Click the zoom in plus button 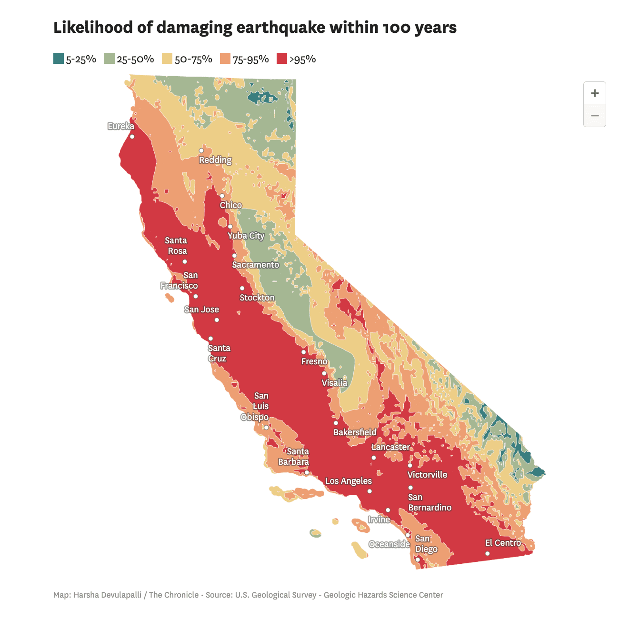[594, 93]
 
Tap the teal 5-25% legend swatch [59, 59]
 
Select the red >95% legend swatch [282, 59]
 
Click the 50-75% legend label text [193, 59]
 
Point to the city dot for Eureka [132, 137]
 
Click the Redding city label [215, 160]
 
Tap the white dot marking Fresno [304, 352]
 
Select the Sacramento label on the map [256, 265]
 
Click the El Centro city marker [487, 553]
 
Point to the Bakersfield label [355, 432]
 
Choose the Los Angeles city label [349, 481]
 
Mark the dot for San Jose [217, 320]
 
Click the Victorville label [427, 475]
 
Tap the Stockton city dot [242, 288]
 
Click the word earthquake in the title [280, 28]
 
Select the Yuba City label [246, 236]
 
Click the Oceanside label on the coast [389, 544]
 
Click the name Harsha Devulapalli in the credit [107, 595]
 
